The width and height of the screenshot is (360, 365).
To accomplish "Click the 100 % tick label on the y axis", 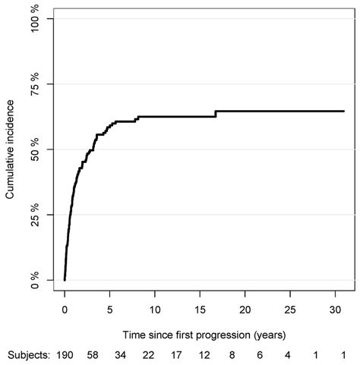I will [36, 18].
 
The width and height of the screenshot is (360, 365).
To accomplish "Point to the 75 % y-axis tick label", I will [36, 84].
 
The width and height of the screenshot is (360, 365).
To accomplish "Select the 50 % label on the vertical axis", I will [36, 149].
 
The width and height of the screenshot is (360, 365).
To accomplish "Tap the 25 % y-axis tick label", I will [36, 215].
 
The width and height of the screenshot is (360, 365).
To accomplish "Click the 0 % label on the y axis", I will [36, 280].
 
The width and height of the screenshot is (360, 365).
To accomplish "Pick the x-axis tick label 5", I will [109, 310].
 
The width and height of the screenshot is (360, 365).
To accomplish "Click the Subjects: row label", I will [27, 355].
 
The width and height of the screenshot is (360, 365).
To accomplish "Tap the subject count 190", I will [65, 355].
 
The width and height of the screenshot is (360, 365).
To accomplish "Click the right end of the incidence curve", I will [344, 111].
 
